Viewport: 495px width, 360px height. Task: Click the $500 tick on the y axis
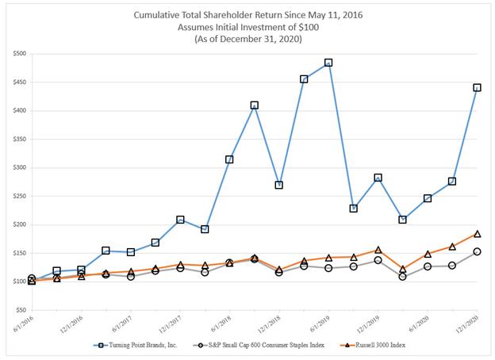(18, 53)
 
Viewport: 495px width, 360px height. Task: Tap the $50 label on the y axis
(20, 309)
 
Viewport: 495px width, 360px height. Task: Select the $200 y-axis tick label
(18, 224)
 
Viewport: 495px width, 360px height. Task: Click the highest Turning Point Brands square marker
(328, 63)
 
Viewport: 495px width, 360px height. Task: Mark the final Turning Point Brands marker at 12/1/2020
(477, 87)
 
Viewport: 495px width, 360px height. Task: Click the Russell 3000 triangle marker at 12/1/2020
(477, 234)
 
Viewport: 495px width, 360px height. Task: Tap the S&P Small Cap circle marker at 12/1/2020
(477, 251)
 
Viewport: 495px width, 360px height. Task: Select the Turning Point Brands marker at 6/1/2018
(229, 159)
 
